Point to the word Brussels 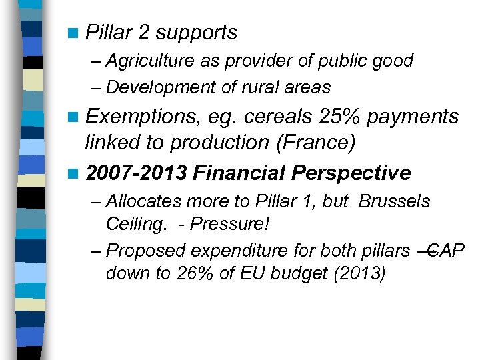[394, 201]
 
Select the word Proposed [146, 250]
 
